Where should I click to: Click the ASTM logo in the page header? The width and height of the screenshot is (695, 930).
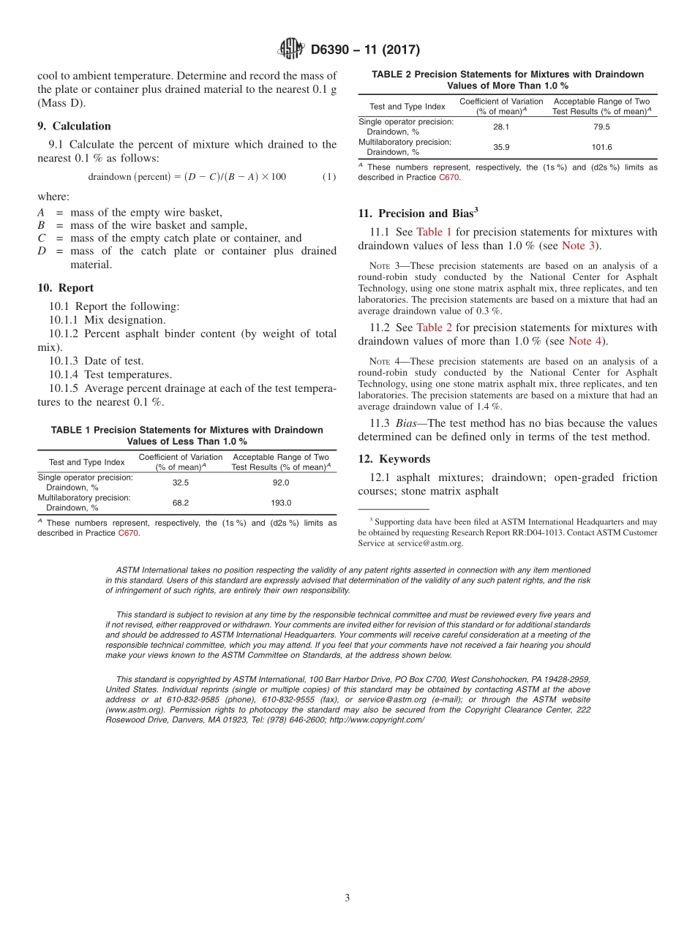pyautogui.click(x=290, y=50)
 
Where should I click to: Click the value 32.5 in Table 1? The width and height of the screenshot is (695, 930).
pyautogui.click(x=181, y=483)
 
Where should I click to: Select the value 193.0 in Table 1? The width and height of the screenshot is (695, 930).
pyautogui.click(x=281, y=503)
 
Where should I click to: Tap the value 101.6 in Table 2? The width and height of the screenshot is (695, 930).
pyautogui.click(x=601, y=147)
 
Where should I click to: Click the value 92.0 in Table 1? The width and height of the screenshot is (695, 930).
pyautogui.click(x=281, y=483)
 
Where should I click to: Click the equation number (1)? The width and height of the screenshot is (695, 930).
pyautogui.click(x=329, y=177)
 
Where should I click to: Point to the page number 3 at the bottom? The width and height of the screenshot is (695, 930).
pyautogui.click(x=347, y=898)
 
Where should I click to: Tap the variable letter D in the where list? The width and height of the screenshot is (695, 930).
pyautogui.click(x=41, y=251)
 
